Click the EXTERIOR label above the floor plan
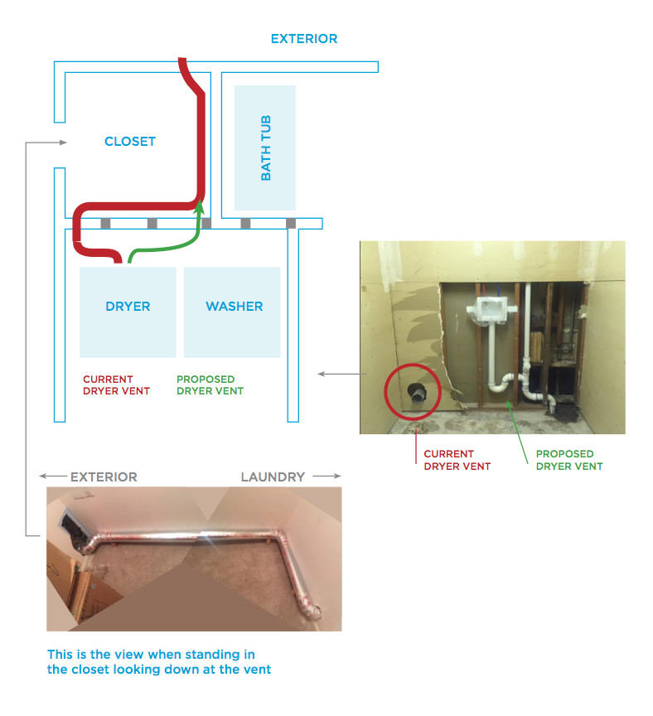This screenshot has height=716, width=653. [x=304, y=39]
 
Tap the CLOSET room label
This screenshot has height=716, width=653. [x=130, y=142]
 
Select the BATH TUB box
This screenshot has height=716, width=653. [x=265, y=148]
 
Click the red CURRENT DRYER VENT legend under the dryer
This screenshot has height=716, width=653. [x=116, y=385]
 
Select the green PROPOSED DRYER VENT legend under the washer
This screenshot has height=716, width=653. [x=210, y=385]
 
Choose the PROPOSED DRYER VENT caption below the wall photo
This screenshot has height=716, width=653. [x=569, y=460]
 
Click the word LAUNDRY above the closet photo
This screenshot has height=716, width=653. [x=273, y=477]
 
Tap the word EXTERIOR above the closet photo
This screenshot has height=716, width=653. [x=104, y=477]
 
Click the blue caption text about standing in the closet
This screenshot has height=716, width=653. [x=158, y=663]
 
